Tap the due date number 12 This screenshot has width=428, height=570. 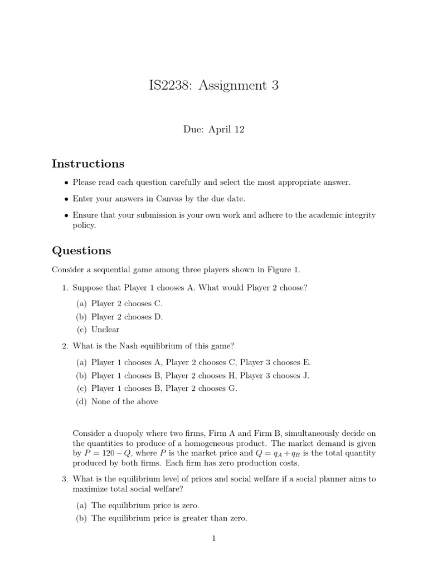coord(239,130)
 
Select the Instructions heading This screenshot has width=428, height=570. coord(88,164)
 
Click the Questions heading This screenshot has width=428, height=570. coord(81,250)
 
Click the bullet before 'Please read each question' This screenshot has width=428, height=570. coord(67,183)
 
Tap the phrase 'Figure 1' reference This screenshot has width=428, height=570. coord(285,270)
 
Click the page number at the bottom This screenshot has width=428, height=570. coord(214,538)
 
